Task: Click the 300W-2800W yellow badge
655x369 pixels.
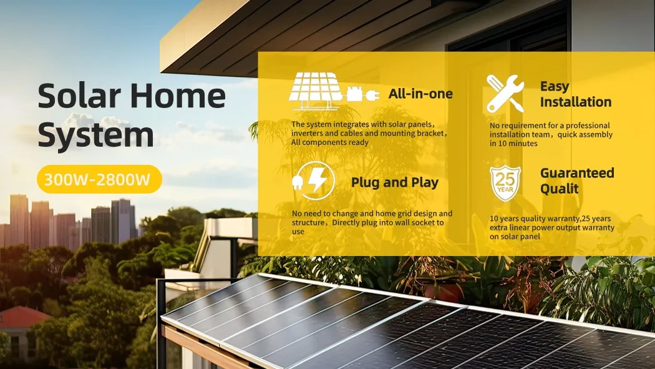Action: tap(99, 180)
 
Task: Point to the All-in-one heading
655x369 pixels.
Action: tap(420, 94)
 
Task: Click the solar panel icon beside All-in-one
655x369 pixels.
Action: tap(316, 87)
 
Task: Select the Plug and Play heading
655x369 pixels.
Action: tap(394, 182)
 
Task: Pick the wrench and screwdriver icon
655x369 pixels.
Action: tap(505, 94)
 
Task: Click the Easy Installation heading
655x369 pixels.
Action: tap(575, 94)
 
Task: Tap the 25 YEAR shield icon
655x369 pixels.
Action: tap(505, 182)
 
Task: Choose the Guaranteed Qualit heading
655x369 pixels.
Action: tap(577, 180)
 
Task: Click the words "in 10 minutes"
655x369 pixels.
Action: tap(513, 144)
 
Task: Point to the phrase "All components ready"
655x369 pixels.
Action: tap(330, 142)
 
